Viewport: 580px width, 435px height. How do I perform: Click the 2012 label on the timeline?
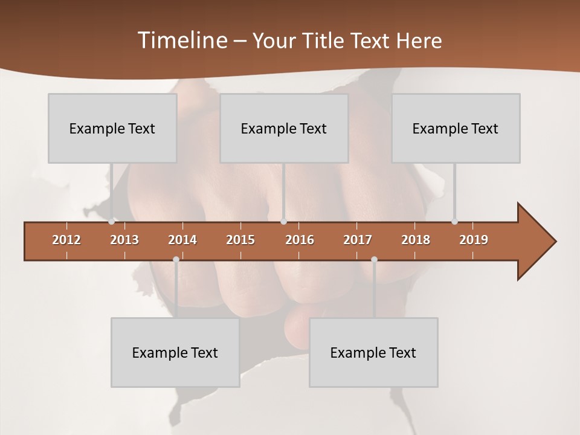tap(66, 240)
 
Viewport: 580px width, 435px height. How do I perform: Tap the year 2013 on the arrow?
tap(124, 240)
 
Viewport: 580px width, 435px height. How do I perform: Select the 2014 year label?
tap(182, 240)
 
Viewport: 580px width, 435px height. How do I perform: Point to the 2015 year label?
tap(240, 240)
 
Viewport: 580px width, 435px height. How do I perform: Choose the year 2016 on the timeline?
tap(300, 240)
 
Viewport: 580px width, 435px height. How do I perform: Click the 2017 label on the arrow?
tap(358, 240)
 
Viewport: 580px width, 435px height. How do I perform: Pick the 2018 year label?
tap(416, 240)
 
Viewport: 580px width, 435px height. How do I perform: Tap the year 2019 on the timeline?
tap(474, 240)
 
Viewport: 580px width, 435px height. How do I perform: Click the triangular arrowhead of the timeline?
tap(535, 241)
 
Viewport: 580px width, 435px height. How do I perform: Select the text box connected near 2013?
tap(112, 128)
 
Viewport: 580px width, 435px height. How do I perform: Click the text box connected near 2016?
tap(284, 128)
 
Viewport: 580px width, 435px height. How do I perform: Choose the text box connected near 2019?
tap(456, 128)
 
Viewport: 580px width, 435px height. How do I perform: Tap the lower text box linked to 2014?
tap(175, 352)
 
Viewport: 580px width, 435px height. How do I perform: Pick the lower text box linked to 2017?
tap(373, 352)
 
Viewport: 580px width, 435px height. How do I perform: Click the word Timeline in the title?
tap(181, 40)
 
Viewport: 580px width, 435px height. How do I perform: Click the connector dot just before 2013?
tap(112, 222)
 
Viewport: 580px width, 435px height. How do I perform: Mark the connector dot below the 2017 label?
tap(374, 260)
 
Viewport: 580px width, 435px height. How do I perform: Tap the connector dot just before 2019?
tap(455, 222)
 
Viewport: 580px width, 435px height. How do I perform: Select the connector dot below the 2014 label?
tap(176, 260)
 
